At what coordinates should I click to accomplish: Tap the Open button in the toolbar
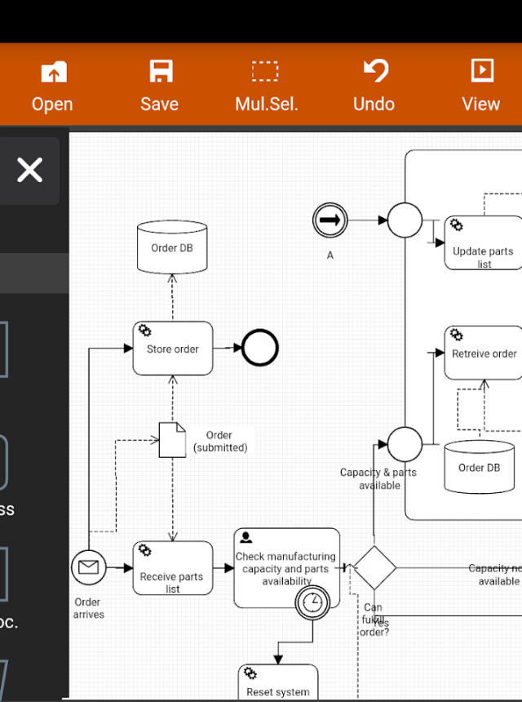(52, 86)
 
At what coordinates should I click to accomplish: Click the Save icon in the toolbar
(160, 86)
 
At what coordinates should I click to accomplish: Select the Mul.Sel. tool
(266, 86)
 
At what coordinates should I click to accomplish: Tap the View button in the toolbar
(480, 86)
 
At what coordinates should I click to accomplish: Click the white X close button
(30, 171)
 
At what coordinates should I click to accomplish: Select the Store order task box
(172, 349)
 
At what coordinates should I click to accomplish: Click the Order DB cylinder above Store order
(172, 247)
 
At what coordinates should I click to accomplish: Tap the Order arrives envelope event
(88, 567)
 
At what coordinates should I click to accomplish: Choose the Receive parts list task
(172, 568)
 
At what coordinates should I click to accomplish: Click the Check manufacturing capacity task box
(285, 563)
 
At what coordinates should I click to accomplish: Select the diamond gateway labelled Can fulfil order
(374, 567)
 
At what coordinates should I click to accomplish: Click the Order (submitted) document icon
(171, 440)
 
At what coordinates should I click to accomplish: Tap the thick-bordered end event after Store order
(260, 348)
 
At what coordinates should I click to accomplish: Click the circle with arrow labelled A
(330, 220)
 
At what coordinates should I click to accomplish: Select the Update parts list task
(484, 243)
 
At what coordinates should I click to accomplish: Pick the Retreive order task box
(484, 353)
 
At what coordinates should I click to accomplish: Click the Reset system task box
(278, 684)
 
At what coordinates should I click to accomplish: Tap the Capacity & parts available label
(378, 478)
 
